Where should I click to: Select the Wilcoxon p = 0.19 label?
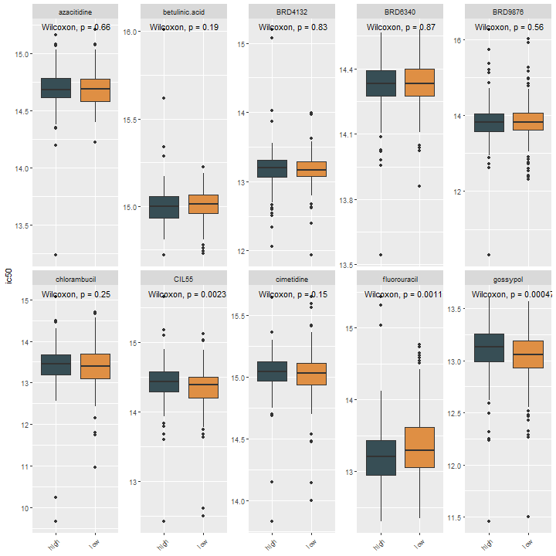[184, 28]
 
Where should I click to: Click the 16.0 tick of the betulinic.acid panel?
[130, 32]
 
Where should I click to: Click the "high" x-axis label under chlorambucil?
[55, 544]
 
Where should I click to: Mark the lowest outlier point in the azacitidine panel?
[56, 255]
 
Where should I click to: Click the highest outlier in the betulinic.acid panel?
[164, 98]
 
